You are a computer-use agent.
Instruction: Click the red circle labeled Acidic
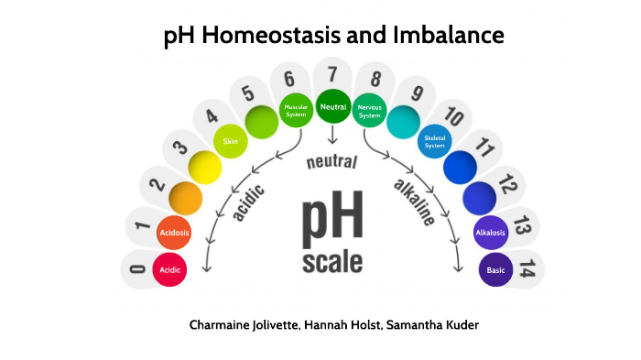[170, 270]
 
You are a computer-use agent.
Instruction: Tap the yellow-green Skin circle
[230, 141]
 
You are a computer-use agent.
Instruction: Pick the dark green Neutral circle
[333, 108]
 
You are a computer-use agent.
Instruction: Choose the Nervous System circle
[370, 110]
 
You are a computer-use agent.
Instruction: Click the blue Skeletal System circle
[434, 141]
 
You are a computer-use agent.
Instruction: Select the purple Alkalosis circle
[491, 233]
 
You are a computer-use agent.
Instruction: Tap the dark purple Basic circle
[494, 270]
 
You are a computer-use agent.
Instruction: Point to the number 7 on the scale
[332, 74]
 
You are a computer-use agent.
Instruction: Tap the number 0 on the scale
[138, 269]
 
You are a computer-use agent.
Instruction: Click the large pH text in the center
[331, 218]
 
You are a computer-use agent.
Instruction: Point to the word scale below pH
[331, 262]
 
